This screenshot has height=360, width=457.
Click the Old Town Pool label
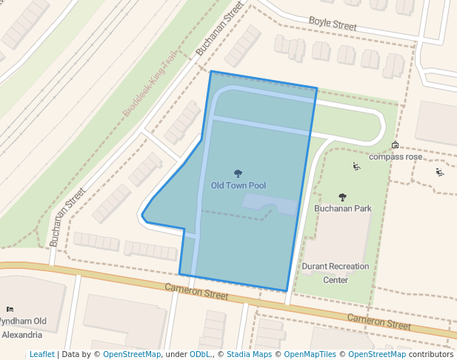click(238, 185)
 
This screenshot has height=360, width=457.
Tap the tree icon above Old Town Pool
click(238, 173)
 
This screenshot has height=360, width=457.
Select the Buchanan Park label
click(342, 209)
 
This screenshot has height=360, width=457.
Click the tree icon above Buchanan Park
click(342, 197)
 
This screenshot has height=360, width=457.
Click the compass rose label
click(396, 157)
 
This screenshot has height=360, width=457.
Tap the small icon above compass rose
click(395, 145)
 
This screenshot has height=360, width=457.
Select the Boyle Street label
click(333, 24)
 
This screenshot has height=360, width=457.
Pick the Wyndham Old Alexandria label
click(22, 327)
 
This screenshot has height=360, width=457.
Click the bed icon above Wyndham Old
click(10, 309)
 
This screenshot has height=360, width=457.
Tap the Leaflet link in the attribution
click(41, 355)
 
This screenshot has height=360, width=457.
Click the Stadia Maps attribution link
click(249, 355)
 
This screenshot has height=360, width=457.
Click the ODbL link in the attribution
click(201, 355)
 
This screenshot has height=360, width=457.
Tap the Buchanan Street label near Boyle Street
click(219, 30)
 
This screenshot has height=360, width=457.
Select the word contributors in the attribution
click(431, 355)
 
